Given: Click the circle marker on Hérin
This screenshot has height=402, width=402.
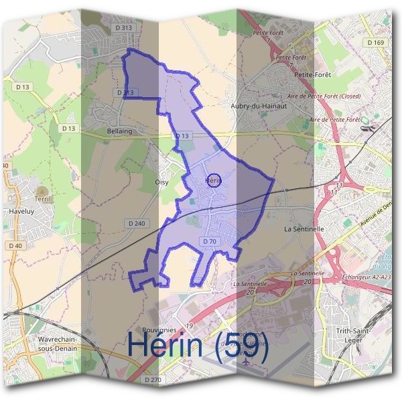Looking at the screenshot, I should (213, 180).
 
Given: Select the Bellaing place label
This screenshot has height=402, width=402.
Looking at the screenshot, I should (120, 131).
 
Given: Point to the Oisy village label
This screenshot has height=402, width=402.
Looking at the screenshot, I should (161, 182).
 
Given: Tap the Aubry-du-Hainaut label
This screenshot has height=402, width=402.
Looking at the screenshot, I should (258, 106).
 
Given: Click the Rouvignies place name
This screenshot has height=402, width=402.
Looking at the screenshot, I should (159, 330).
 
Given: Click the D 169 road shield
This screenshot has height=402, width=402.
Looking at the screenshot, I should (377, 42).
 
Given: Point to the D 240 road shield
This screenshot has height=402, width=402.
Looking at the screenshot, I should (135, 223).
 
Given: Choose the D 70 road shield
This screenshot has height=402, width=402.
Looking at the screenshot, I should (209, 241).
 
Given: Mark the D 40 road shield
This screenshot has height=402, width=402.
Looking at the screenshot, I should (16, 246).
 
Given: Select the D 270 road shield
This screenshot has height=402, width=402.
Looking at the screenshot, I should (154, 380).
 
